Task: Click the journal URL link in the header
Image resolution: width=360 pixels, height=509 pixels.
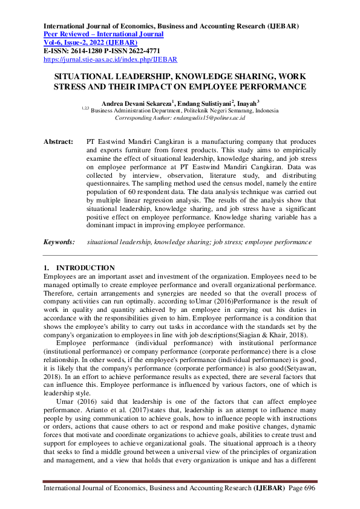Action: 110,60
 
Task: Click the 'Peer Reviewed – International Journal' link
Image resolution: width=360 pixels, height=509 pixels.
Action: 103,34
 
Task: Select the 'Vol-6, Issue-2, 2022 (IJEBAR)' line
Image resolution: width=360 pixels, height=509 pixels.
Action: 90,43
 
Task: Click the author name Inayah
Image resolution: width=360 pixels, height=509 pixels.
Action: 247,103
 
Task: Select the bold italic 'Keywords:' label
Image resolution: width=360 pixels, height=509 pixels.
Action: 59,242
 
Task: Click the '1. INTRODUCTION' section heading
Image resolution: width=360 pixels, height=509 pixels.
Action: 79,268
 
